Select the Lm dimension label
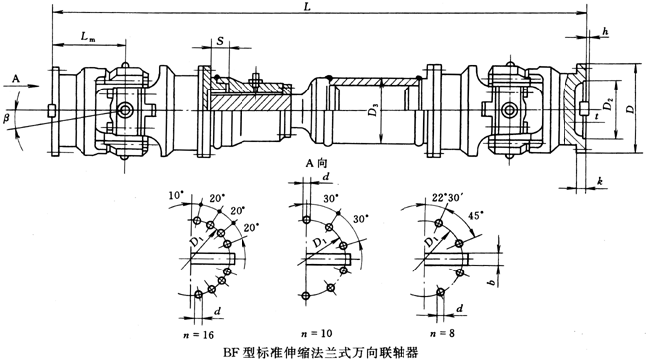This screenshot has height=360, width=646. tap(88, 38)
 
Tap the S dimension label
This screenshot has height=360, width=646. tap(221, 43)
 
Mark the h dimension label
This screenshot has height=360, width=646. tap(606, 33)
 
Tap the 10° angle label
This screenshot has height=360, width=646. tap(174, 191)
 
